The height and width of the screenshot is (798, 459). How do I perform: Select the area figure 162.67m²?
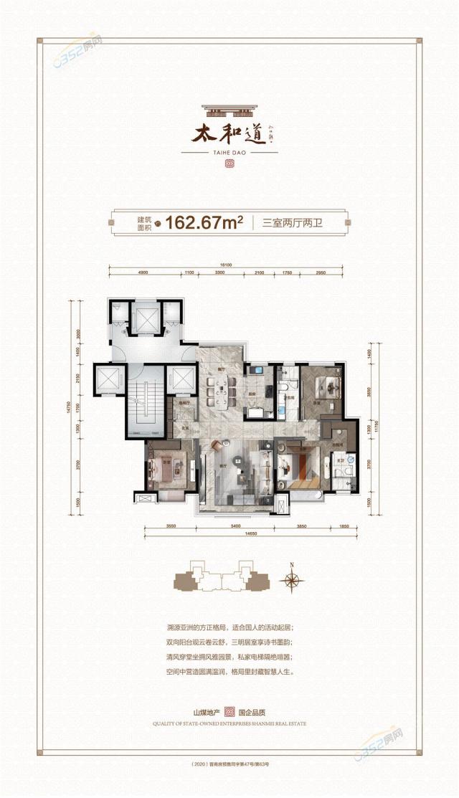(204, 222)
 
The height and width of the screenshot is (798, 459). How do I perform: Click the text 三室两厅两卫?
(294, 223)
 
